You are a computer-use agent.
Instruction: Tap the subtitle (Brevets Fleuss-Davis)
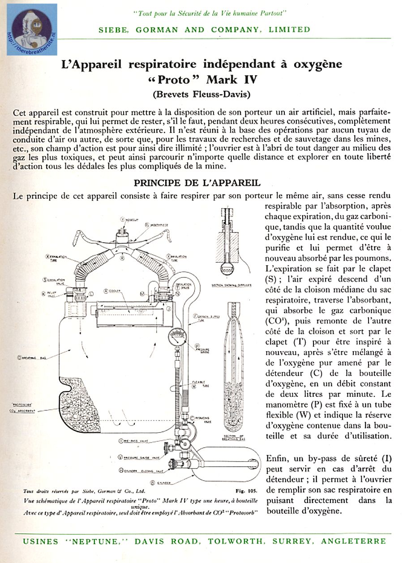[201, 95]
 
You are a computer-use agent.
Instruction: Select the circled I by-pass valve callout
[121, 441]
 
